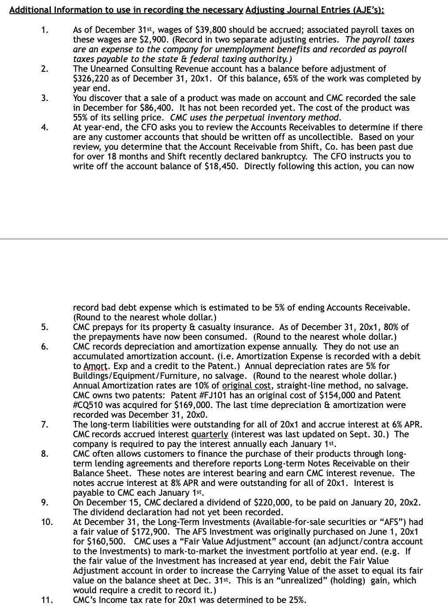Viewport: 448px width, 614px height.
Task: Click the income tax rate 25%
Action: coord(297,600)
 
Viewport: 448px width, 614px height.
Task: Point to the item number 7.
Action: coord(44,424)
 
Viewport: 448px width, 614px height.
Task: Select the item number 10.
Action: coord(46,522)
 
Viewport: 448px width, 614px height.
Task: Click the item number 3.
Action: coord(44,98)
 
